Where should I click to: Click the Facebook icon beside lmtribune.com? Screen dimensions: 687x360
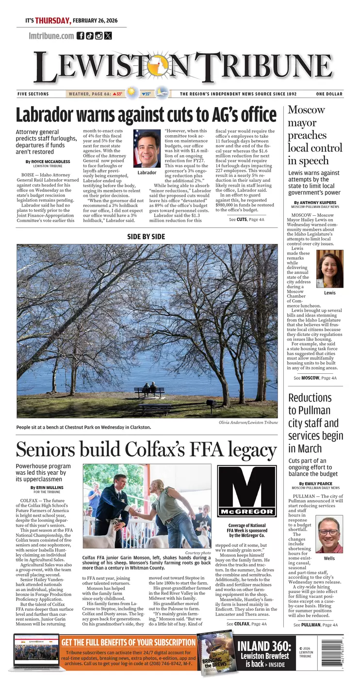pyautogui.click(x=81, y=35)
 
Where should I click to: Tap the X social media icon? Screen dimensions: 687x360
pyautogui.click(x=108, y=35)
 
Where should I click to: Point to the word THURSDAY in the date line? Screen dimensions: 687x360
pyautogui.click(x=53, y=21)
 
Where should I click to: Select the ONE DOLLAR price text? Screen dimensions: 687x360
pyautogui.click(x=329, y=94)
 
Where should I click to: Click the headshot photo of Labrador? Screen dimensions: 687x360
pyautogui.click(x=147, y=149)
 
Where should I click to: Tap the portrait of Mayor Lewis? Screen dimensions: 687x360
pyautogui.click(x=330, y=269)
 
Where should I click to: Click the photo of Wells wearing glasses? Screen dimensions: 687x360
pyautogui.click(x=329, y=535)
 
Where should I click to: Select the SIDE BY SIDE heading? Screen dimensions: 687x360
pyautogui.click(x=146, y=237)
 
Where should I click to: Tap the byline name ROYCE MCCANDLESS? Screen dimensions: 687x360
pyautogui.click(x=51, y=161)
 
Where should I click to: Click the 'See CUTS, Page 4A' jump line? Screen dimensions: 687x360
pyautogui.click(x=246, y=219)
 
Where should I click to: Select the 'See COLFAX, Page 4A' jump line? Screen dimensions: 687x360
pyautogui.click(x=246, y=624)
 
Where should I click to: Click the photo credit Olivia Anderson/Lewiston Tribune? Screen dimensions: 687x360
pyautogui.click(x=247, y=422)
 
